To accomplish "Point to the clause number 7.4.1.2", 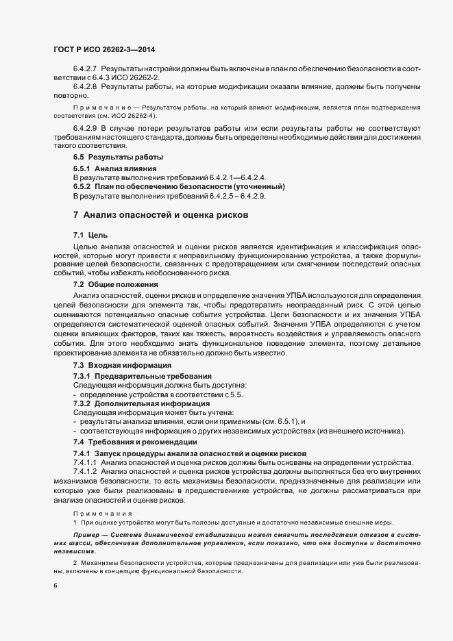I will pos(85,472).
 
